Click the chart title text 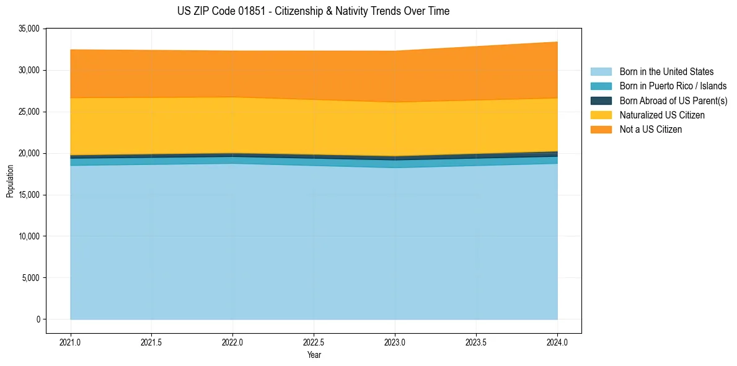[313, 11]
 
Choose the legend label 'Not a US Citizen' [651, 130]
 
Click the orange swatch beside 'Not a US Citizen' [601, 130]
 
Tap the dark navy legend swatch [601, 100]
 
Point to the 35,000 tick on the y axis [29, 29]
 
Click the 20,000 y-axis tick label [29, 153]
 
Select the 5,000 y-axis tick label [31, 278]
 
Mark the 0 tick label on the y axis [38, 319]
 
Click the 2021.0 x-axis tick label [70, 342]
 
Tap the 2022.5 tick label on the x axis [314, 342]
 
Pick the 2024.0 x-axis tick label [557, 342]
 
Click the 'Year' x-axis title [314, 355]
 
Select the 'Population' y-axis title [10, 181]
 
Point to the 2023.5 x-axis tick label [476, 342]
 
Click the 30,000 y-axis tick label [29, 70]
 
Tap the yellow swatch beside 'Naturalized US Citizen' [601, 115]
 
